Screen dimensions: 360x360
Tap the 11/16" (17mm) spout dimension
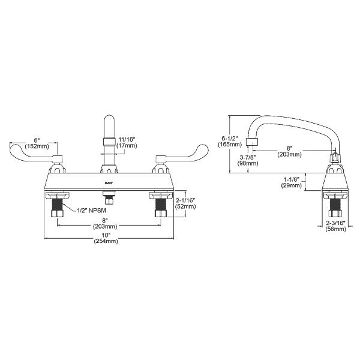point(127,141)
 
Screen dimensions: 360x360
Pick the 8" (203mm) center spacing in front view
point(109,223)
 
